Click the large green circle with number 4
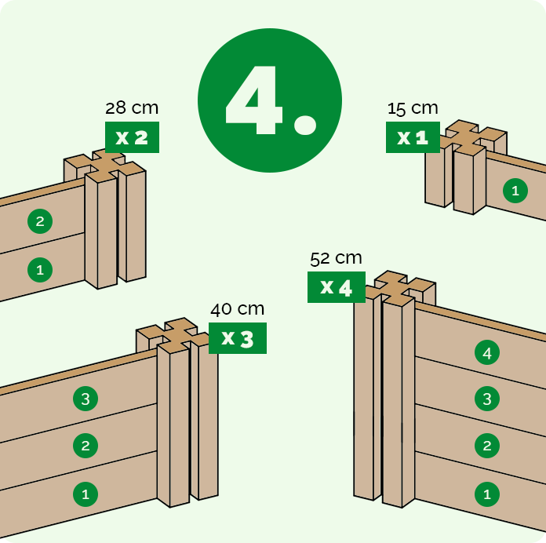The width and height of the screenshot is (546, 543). click(x=270, y=100)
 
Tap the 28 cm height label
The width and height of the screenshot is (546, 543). click(x=132, y=108)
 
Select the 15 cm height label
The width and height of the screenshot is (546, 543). click(x=413, y=108)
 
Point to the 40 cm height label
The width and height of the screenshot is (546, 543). click(x=237, y=309)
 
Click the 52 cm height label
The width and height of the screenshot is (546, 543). click(x=336, y=258)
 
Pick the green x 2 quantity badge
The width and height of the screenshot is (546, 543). click(x=132, y=137)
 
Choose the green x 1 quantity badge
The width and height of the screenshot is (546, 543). click(x=413, y=137)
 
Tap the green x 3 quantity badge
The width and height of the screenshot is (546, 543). click(x=238, y=338)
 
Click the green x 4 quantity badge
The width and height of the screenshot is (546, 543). click(x=337, y=287)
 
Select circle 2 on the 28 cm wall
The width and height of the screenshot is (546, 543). click(x=40, y=221)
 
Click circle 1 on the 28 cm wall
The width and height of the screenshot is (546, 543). click(x=40, y=270)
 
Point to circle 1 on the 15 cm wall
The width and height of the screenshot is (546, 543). click(x=515, y=191)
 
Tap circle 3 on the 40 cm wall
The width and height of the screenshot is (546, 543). click(x=86, y=399)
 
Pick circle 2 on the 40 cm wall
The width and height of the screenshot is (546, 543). click(x=86, y=446)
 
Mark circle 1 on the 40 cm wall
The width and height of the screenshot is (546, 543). click(x=86, y=494)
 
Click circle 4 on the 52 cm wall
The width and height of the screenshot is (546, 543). click(x=487, y=352)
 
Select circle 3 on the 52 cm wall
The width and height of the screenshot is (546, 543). click(x=487, y=399)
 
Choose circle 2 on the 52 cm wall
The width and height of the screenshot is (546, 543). click(x=487, y=446)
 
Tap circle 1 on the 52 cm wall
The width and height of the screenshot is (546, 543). click(x=487, y=494)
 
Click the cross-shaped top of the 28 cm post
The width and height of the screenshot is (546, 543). click(x=104, y=166)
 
